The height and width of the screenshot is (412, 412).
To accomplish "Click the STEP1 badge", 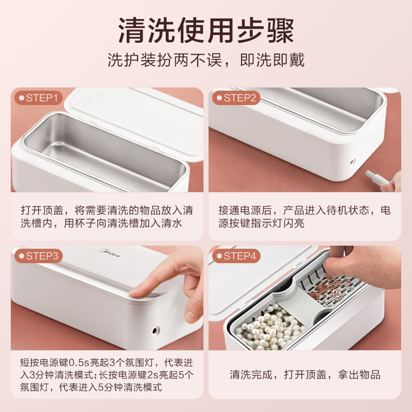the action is tap(39, 98).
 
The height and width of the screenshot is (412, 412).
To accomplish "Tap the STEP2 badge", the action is tap(236, 98).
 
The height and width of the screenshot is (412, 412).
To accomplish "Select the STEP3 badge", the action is tap(39, 256).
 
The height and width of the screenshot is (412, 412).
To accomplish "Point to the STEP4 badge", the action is tap(236, 256).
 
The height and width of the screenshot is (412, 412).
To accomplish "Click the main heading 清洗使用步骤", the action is tap(206, 30).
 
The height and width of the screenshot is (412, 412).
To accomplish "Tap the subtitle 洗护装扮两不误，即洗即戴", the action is tap(206, 60).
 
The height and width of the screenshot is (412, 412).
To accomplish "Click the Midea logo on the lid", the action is tap(110, 253).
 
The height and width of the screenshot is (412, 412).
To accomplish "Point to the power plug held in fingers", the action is tap(374, 177).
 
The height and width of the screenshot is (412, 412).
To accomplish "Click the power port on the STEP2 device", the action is tap(353, 162).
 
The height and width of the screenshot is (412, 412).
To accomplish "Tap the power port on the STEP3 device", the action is tap(156, 330).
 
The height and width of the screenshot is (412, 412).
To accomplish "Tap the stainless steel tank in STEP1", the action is tap(105, 152).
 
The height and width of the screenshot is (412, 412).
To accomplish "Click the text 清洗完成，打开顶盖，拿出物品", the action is tap(305, 375).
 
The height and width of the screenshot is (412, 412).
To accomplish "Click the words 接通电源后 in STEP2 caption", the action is tap(245, 210).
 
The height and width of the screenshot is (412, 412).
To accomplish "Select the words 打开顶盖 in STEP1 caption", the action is tap(42, 210).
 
